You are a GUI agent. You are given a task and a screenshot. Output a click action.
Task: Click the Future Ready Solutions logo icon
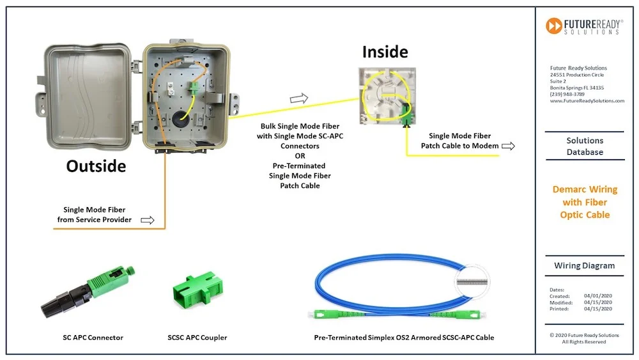pyautogui.click(x=553, y=26)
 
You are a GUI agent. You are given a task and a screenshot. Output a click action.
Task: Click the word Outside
pyautogui.click(x=96, y=166)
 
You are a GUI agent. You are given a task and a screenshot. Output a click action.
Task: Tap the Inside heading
pyautogui.click(x=385, y=51)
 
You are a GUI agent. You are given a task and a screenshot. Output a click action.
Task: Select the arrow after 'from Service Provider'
pyautogui.click(x=148, y=220)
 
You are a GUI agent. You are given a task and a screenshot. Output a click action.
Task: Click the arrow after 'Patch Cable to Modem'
pyautogui.click(x=509, y=146)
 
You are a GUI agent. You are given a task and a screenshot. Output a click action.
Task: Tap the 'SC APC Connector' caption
pyautogui.click(x=89, y=337)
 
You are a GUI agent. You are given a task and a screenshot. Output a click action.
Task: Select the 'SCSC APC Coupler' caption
pyautogui.click(x=192, y=337)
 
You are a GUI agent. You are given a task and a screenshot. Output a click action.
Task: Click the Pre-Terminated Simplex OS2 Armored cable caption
pyautogui.click(x=404, y=337)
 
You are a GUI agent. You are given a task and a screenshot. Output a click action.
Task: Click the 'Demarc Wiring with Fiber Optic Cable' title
pyautogui.click(x=585, y=202)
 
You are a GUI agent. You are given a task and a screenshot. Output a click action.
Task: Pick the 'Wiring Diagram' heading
pyautogui.click(x=585, y=265)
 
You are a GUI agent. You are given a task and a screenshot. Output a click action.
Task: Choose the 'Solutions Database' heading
pyautogui.click(x=585, y=146)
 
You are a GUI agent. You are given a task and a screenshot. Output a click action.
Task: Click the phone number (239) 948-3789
pyautogui.click(x=567, y=94)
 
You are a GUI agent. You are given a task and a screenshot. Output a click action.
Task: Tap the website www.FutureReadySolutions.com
pyautogui.click(x=587, y=101)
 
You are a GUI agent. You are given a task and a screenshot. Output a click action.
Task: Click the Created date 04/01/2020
pyautogui.click(x=597, y=296)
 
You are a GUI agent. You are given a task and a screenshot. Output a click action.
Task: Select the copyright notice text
pyautogui.click(x=585, y=338)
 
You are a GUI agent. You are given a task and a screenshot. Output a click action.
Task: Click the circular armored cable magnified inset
pyautogui.click(x=478, y=281)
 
